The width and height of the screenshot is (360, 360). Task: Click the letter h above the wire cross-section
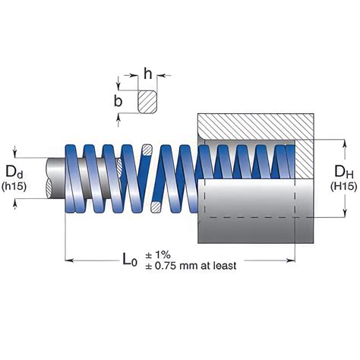tap(148, 73)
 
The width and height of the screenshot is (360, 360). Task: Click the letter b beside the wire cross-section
tap(118, 101)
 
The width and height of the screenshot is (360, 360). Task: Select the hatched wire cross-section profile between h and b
tap(147, 102)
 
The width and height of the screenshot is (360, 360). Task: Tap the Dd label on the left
tap(14, 172)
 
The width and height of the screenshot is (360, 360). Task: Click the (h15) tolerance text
tap(14, 186)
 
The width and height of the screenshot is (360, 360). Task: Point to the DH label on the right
tap(344, 172)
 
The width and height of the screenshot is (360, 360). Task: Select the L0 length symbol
tap(130, 260)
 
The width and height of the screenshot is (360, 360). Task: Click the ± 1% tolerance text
tap(158, 254)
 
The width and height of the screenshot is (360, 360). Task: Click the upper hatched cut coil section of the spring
tap(147, 150)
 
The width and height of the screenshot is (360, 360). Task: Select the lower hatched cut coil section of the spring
tap(156, 207)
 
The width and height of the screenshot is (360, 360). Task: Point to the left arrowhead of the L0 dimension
tap(69, 261)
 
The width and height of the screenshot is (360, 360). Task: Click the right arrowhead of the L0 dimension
tap(291, 261)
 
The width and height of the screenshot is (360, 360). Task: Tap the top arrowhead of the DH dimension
tap(345, 143)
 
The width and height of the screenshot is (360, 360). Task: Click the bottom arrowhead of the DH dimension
tap(345, 213)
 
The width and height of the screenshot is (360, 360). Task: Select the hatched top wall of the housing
tap(256, 126)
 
